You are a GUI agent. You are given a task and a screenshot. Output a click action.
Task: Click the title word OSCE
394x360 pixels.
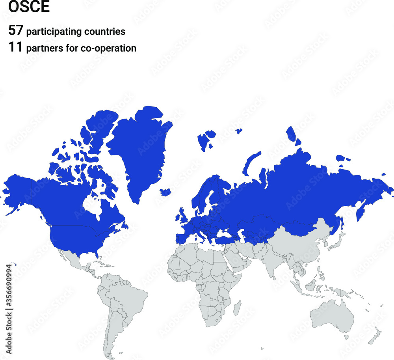29,7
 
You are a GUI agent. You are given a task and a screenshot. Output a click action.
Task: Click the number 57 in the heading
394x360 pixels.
16,31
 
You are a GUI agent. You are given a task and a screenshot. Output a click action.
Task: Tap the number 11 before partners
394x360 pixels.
16,48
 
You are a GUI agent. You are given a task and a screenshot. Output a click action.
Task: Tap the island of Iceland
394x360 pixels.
165,192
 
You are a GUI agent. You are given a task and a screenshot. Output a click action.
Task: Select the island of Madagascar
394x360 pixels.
238,308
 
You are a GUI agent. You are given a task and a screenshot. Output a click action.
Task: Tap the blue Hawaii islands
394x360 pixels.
13,265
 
